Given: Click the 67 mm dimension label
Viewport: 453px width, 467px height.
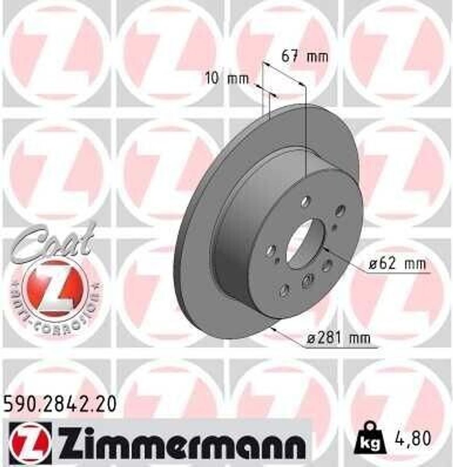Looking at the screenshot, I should [305, 57].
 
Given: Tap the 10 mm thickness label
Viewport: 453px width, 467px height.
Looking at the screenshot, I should [227, 78].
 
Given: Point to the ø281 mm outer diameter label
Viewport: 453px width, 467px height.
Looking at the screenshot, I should [338, 338].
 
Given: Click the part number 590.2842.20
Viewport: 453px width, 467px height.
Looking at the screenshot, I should [60, 404].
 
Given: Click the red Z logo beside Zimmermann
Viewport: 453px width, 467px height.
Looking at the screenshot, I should [30, 441].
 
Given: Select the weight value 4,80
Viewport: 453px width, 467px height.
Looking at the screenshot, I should [413, 438].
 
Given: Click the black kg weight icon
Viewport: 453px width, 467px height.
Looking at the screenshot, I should [370, 440].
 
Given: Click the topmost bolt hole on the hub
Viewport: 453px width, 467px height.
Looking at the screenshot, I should [306, 201].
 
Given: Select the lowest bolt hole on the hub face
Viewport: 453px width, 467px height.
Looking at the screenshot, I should [285, 290].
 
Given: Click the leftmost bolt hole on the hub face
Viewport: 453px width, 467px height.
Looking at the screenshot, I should [271, 250].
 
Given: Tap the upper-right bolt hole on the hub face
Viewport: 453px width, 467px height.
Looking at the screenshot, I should [340, 211].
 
